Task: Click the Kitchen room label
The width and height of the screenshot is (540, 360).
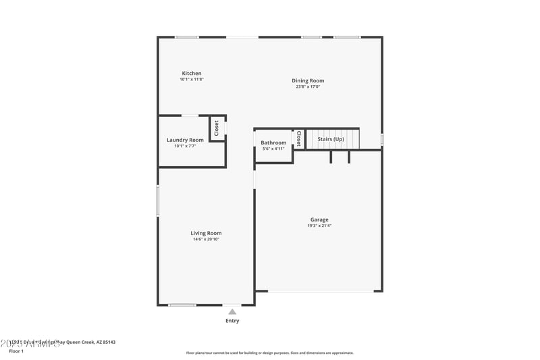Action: point(192,74)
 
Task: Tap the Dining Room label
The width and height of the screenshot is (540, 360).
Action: point(308,81)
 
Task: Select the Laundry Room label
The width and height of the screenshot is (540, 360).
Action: point(185,140)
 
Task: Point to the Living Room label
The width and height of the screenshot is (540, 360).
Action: point(206,233)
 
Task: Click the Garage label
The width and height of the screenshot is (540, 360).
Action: point(319,220)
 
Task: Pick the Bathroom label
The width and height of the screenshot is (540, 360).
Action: point(273,143)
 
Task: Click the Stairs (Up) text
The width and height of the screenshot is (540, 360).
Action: point(331,139)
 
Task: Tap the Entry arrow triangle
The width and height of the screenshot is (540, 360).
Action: point(232,311)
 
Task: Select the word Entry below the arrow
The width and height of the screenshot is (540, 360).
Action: point(232,321)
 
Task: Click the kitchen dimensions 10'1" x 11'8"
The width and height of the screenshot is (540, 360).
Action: point(192,80)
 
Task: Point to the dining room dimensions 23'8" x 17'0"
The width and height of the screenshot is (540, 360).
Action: point(308,87)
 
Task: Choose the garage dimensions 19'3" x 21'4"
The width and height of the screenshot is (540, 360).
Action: point(319,226)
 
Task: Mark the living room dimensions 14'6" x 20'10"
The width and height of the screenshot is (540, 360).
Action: point(206,239)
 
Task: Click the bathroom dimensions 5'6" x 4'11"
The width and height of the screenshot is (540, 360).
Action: point(273,149)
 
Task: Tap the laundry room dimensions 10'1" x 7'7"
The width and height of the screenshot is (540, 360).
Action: point(185,146)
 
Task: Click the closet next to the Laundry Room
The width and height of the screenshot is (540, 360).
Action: point(217,128)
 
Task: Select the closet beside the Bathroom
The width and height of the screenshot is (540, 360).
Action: point(298,138)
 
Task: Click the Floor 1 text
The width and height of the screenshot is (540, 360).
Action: point(16,351)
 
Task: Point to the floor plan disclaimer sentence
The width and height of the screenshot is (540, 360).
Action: point(269,353)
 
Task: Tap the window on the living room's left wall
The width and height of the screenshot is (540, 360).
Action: point(158,201)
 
